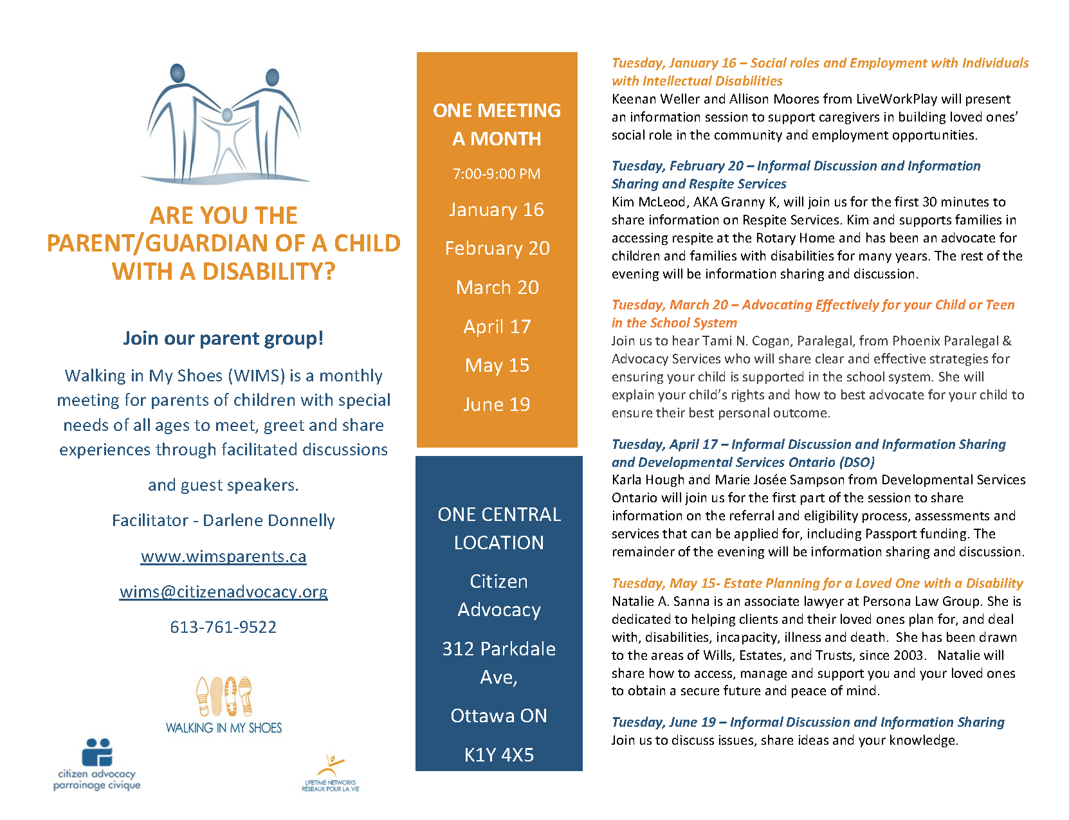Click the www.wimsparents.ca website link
tap(223, 556)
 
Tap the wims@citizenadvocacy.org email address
tap(223, 592)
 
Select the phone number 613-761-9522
tap(223, 627)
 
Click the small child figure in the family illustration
tap(226, 135)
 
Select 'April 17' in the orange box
tap(497, 327)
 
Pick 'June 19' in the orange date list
tap(497, 405)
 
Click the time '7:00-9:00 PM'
tap(497, 174)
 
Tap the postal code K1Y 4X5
tap(499, 755)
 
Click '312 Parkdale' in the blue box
tap(498, 649)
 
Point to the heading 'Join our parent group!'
tap(223, 338)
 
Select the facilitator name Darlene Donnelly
tap(269, 520)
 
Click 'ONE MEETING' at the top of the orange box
tap(497, 111)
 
